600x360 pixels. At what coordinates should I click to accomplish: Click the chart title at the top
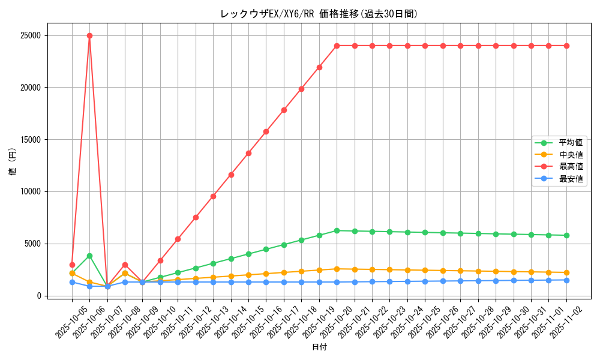[x=319, y=14]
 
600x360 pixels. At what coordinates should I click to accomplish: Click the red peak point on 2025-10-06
[x=89, y=35]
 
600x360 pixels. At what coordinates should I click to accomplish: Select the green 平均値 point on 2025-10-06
[x=89, y=256]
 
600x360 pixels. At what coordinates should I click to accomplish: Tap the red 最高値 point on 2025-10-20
[x=337, y=46]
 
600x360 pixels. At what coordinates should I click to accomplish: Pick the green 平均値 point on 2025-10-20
[x=337, y=230]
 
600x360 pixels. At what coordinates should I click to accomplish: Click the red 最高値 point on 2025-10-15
[x=248, y=153]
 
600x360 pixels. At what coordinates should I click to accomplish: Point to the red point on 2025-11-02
[x=566, y=46]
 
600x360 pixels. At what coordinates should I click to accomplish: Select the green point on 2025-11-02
[x=566, y=235]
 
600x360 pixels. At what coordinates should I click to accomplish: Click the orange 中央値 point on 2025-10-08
[x=125, y=273]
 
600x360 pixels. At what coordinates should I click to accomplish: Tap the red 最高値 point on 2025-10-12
[x=196, y=217]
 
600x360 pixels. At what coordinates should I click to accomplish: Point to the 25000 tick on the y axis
[x=29, y=35]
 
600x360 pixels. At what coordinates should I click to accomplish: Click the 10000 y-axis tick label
[x=29, y=191]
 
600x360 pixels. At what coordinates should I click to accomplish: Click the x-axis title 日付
[x=319, y=347]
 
